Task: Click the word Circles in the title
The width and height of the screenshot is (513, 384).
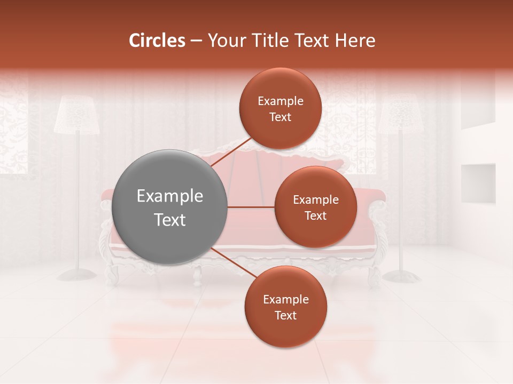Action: tap(157, 41)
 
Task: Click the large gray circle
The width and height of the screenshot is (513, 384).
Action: tap(169, 207)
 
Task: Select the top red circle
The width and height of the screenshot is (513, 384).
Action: tap(280, 108)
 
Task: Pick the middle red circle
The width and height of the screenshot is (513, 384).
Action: tap(315, 207)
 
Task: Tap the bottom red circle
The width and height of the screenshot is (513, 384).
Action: tap(285, 307)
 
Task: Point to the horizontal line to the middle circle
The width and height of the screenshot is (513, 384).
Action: tap(251, 207)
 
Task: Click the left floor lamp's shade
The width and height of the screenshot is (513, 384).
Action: tap(77, 115)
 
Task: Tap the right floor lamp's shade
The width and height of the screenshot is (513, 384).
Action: tap(401, 115)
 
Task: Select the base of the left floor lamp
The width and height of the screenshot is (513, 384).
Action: tap(77, 275)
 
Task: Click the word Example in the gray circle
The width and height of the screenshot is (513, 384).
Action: tap(169, 196)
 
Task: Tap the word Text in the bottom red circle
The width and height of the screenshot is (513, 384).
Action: tap(285, 315)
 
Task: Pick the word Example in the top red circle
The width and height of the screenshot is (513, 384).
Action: tap(280, 101)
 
